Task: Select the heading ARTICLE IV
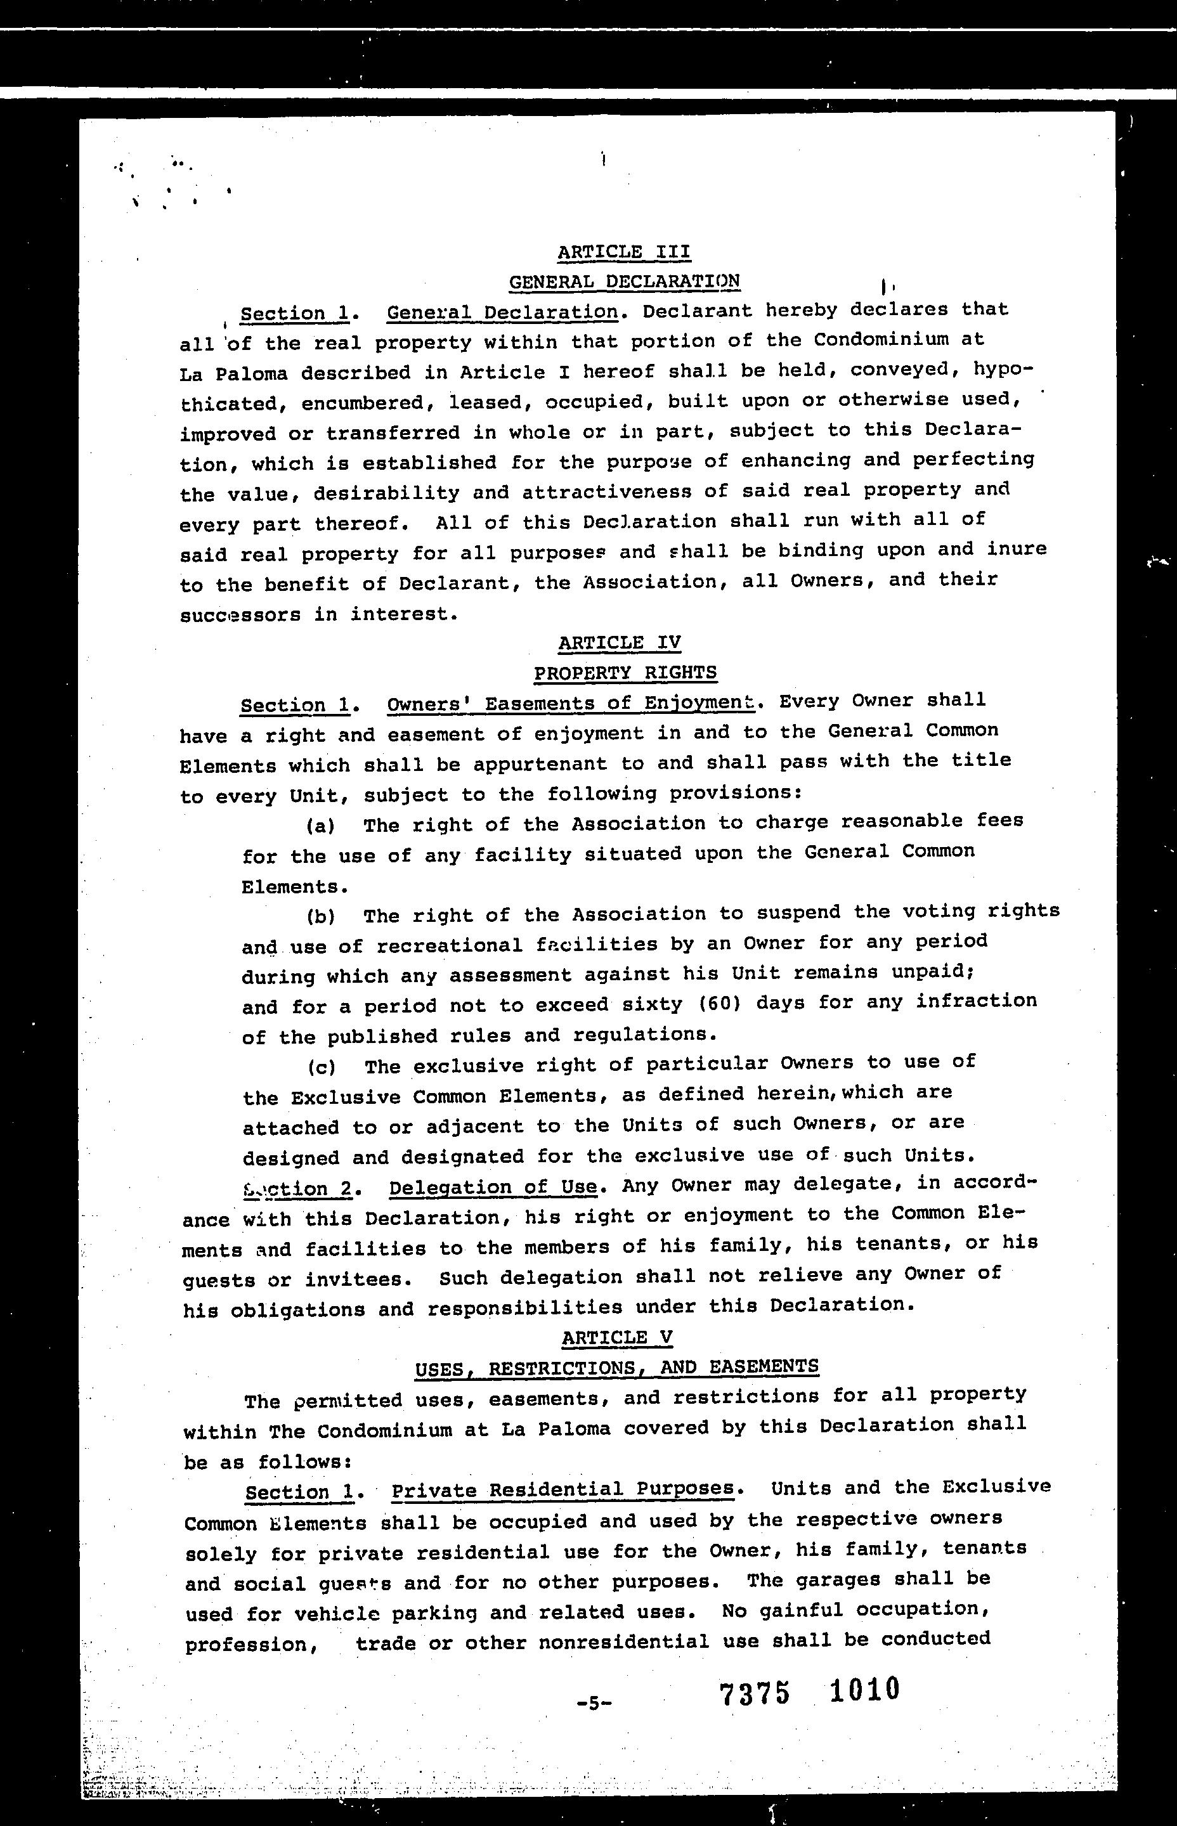619,642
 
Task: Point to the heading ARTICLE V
617,1337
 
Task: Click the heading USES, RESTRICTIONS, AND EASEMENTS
617,1367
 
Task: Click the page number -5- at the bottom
595,1703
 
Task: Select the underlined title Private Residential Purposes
562,1490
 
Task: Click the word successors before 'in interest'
240,615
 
